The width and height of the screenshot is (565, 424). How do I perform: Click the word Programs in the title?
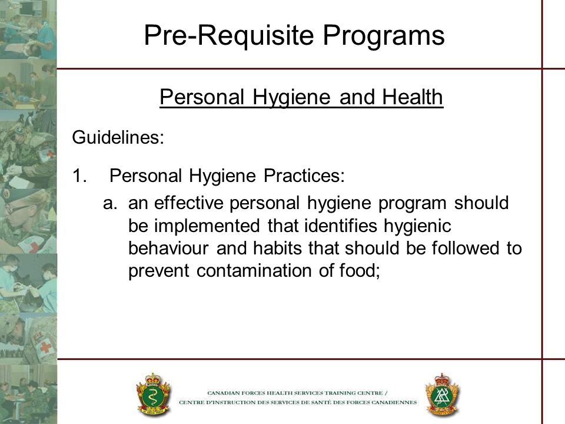[383, 36]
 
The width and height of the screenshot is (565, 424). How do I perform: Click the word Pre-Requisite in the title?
[229, 35]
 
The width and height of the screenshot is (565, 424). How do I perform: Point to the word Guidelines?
[118, 137]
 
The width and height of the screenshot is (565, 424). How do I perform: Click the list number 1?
[79, 176]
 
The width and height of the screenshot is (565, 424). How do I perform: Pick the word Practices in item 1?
[304, 175]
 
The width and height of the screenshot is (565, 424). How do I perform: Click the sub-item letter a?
[110, 203]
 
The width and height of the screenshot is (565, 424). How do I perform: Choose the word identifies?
[341, 226]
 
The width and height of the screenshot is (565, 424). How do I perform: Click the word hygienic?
[417, 227]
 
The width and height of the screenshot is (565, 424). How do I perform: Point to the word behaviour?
[168, 248]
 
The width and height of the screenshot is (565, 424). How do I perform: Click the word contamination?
[254, 271]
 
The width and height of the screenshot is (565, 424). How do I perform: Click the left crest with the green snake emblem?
[153, 394]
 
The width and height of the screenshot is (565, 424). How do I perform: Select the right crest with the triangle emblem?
[442, 395]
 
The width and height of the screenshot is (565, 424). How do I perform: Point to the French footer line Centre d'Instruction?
[298, 402]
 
